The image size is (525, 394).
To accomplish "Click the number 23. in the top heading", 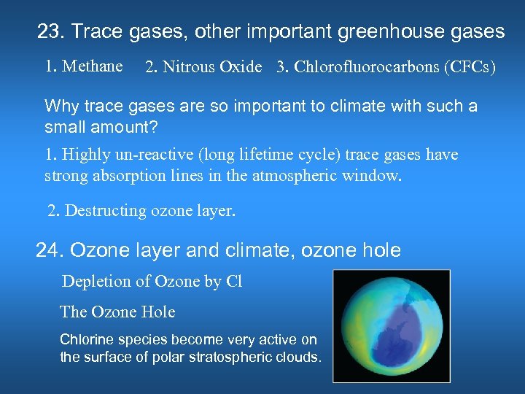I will [51, 32].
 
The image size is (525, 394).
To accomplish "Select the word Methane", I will [93, 66].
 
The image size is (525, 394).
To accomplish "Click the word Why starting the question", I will [61, 107].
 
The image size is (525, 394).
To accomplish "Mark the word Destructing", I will [106, 212].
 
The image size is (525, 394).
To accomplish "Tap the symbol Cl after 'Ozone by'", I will [234, 282].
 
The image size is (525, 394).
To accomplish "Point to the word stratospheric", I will [214, 358].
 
